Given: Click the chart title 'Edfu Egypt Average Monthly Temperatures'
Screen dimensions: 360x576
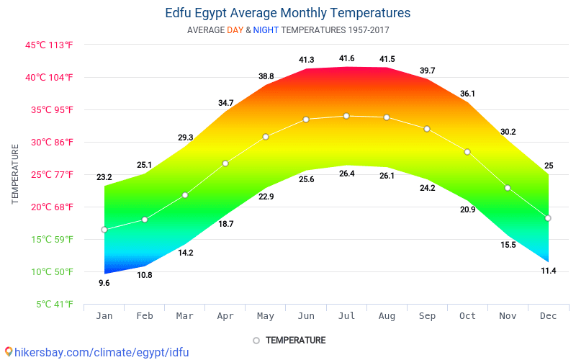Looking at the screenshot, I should pos(287,13).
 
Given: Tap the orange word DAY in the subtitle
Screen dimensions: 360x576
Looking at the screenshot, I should pos(235,30).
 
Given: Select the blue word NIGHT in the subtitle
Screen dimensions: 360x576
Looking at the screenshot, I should pos(265,30).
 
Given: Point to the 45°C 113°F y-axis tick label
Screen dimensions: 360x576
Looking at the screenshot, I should pos(49,45).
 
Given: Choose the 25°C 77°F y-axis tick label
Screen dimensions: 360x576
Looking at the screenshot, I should pos(49,174).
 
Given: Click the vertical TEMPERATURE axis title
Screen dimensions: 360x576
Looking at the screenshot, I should pos(15,174).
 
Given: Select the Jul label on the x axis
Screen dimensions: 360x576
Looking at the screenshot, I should pos(346,316).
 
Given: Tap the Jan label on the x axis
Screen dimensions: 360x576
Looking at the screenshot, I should pos(104,316).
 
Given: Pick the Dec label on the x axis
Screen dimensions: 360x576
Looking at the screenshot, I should pos(548,316).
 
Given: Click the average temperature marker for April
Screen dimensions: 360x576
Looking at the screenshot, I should pos(225,163).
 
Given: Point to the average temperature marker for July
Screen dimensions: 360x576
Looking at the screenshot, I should pos(346,116).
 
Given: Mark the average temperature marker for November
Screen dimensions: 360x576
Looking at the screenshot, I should pos(508,188).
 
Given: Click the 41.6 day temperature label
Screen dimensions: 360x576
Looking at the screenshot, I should pos(346,58).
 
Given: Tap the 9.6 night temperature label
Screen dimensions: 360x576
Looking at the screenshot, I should pos(104,283).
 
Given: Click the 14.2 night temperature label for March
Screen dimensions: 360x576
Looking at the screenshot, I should pos(185,253).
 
